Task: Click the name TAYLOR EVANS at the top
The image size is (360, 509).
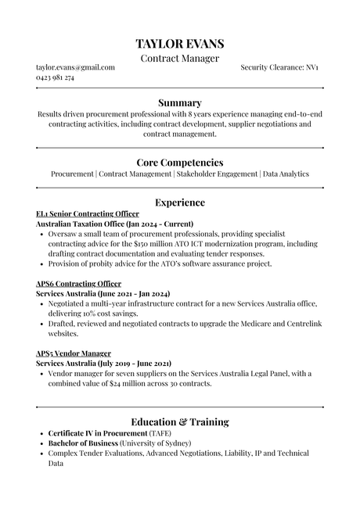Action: (x=180, y=44)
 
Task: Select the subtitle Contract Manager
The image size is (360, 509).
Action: (x=180, y=59)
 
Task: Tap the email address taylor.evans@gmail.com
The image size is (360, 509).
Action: (x=76, y=68)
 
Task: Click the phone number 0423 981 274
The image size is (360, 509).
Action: (x=56, y=78)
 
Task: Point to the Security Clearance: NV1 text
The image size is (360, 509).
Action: (x=279, y=68)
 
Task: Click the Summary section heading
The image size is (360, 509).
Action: (x=180, y=102)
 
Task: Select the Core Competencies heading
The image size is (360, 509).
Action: (x=180, y=162)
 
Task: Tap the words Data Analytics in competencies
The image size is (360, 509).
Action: (x=286, y=174)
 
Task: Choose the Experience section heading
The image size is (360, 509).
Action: (x=180, y=203)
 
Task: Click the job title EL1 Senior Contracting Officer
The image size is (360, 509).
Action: (x=88, y=213)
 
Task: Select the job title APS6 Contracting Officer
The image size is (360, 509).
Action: (x=79, y=283)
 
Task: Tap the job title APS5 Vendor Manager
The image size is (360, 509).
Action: (x=74, y=353)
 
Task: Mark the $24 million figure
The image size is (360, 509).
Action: (x=146, y=384)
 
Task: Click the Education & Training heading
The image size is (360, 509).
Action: (x=180, y=422)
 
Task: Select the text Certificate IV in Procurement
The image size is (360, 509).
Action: (x=98, y=433)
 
